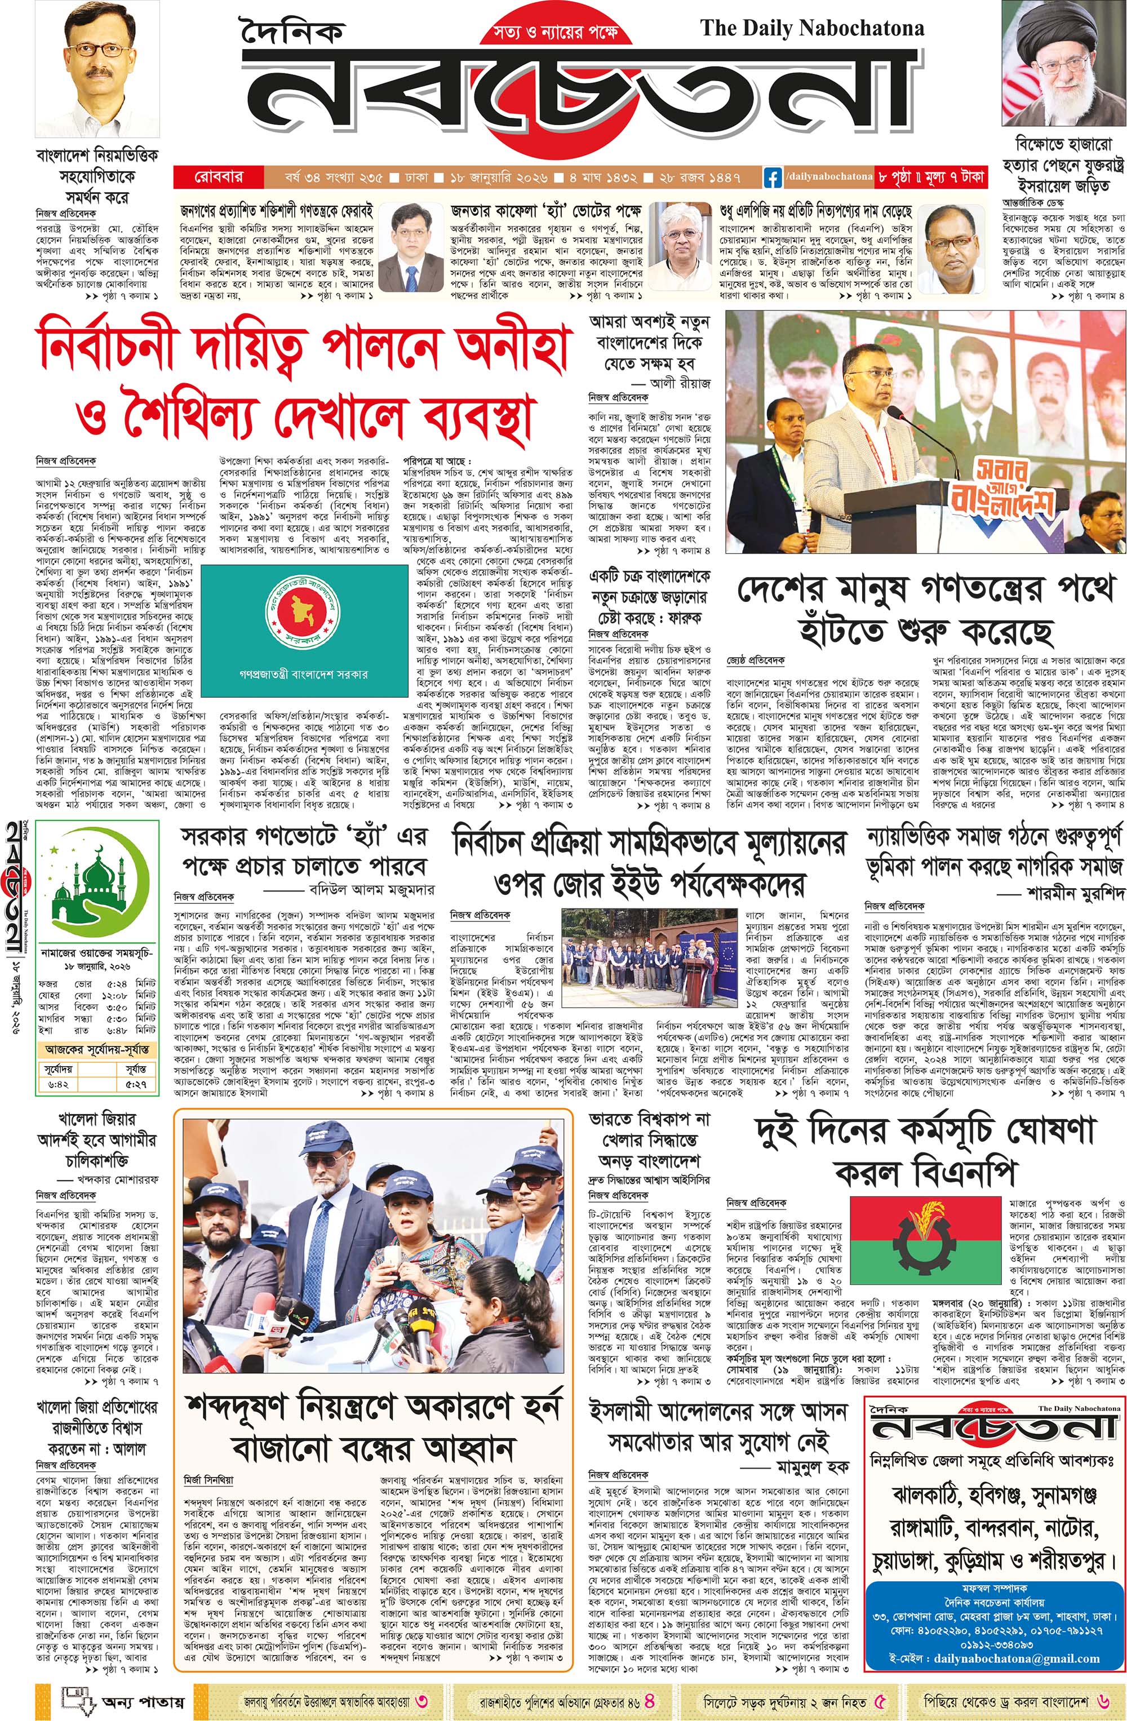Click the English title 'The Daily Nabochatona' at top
point(812,29)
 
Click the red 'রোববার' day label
point(218,176)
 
